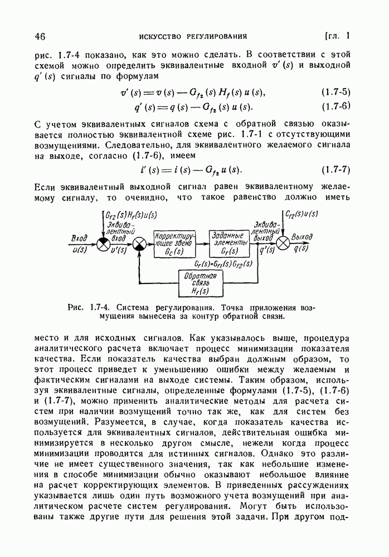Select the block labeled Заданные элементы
point(230,242)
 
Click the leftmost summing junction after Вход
point(103,243)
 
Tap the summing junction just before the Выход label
point(284,243)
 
